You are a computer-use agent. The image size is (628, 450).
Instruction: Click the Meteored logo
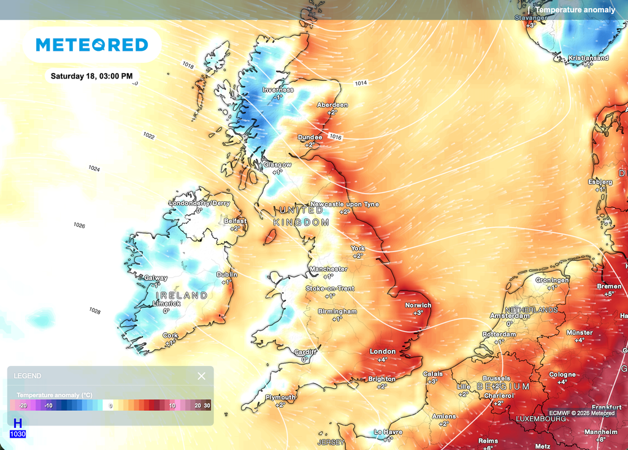tap(92, 45)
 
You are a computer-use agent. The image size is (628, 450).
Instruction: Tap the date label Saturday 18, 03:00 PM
tap(91, 77)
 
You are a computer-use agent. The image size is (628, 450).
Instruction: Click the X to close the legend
tap(201, 376)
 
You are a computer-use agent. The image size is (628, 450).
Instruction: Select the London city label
tap(383, 351)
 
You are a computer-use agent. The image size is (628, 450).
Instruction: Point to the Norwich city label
tap(418, 305)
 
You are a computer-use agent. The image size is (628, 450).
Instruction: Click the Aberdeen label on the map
tap(332, 105)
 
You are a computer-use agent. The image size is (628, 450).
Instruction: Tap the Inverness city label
tap(278, 90)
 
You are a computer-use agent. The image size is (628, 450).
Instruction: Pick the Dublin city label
tap(227, 275)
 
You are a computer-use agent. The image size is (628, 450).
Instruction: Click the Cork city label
tap(170, 335)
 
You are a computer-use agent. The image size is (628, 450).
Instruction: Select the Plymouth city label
tap(280, 397)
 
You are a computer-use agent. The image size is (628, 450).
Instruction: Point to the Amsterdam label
tap(509, 316)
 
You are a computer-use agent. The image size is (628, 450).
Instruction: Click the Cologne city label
tap(562, 374)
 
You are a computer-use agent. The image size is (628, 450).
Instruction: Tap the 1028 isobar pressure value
tap(94, 311)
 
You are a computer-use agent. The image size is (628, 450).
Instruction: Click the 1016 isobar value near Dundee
tap(335, 136)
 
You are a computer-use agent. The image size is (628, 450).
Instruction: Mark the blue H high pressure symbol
tap(18, 423)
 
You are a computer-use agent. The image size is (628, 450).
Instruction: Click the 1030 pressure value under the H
tap(18, 435)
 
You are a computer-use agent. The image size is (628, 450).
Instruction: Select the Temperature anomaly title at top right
tap(575, 10)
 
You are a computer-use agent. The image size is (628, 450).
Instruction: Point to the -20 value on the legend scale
tap(23, 406)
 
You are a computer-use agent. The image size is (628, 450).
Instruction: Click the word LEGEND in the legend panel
tap(28, 376)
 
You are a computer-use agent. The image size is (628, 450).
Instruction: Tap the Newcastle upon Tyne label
tap(345, 204)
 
